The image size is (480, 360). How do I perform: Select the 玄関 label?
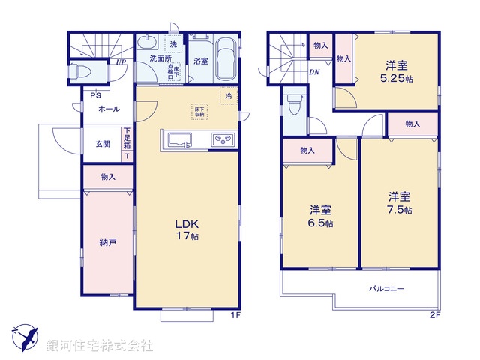click(103, 145)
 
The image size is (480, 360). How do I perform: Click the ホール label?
click(108, 109)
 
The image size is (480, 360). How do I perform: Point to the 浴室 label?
click(200, 61)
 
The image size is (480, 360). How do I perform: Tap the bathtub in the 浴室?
click(225, 57)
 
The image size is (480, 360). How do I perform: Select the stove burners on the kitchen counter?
click(223, 139)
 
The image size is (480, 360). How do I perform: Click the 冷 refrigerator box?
click(227, 95)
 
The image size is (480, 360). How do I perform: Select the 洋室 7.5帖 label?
click(400, 203)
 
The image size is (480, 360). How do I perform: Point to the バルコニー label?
click(386, 288)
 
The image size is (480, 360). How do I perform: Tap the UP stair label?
click(121, 62)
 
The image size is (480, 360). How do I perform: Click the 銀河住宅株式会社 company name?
click(99, 346)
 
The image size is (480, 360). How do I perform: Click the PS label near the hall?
click(95, 95)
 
